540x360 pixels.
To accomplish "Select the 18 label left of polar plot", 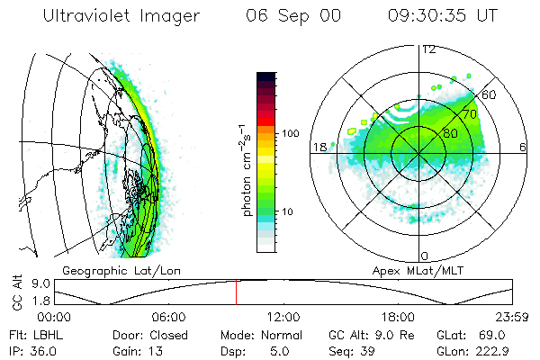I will pyautogui.click(x=319, y=147).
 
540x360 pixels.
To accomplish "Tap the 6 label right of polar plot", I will pyautogui.click(x=523, y=147).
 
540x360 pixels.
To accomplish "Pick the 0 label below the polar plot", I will pyautogui.click(x=425, y=256).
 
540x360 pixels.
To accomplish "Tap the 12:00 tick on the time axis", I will pyautogui.click(x=283, y=317).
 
